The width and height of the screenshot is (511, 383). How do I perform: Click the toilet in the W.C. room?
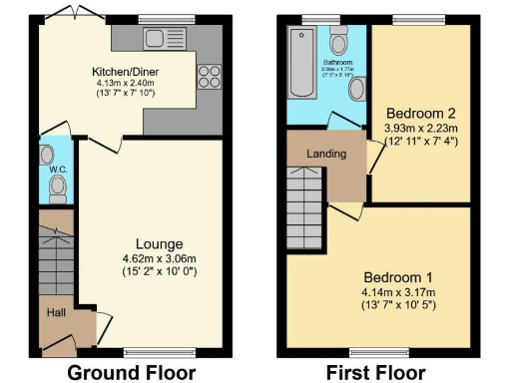pos(47,157)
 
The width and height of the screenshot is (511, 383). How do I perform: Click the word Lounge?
pos(159,243)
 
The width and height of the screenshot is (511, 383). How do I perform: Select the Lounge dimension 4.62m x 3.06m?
pos(159,258)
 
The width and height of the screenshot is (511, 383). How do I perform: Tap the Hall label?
pos(56,313)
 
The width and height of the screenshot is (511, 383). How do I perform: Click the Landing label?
pos(327,155)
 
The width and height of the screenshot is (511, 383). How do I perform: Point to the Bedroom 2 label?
pos(421,113)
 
